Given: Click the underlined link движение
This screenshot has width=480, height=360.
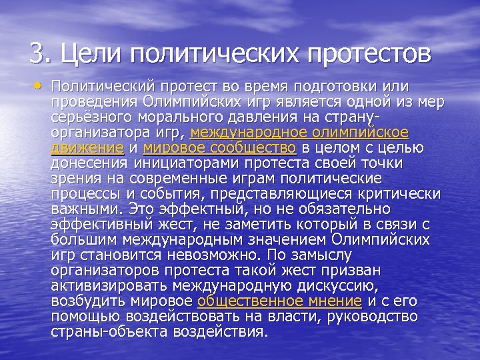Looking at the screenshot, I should click(x=87, y=147).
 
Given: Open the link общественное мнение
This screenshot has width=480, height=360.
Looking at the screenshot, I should click(x=279, y=301).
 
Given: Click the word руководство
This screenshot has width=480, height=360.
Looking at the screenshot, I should click(x=378, y=316).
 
